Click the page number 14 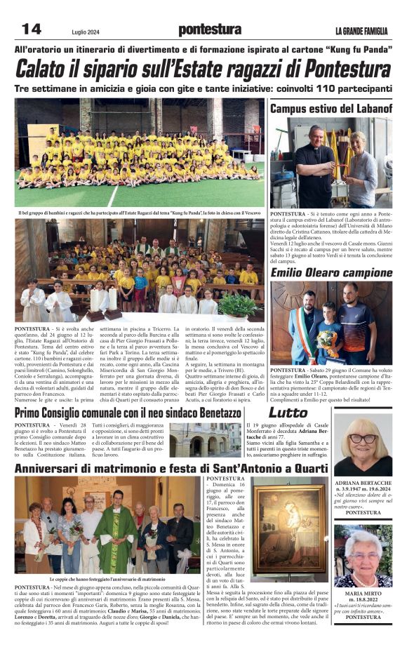(x=32, y=29)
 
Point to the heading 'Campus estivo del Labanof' (x=331, y=109)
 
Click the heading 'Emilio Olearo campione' (x=331, y=272)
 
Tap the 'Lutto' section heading (x=288, y=413)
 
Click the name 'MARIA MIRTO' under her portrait (x=363, y=593)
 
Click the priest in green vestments (x=115, y=533)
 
